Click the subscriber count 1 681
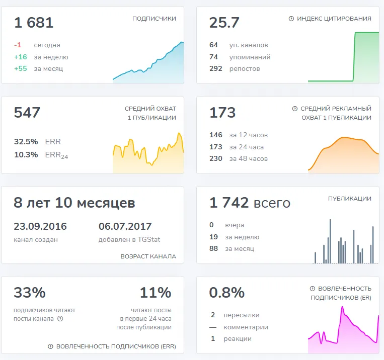pos(34,23)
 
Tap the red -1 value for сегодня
pos(18,45)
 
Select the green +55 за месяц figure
pos(21,68)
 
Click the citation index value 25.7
pos(224,23)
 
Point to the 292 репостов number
pos(216,68)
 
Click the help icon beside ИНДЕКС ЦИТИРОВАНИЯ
pos(291,19)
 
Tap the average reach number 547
pos(27,113)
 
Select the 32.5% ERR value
pos(26,142)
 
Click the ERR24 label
pos(56,155)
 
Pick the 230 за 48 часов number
pos(216,158)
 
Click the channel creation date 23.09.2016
pos(40,226)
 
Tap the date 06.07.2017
pos(125,226)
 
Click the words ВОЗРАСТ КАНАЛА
pos(148,256)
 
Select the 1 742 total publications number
pos(229,203)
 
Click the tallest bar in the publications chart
pos(330,241)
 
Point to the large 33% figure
pos(30,293)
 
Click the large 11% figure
pos(156,293)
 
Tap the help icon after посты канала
pos(60,319)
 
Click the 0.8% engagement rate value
pos(227,293)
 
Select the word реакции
pos(238,339)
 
